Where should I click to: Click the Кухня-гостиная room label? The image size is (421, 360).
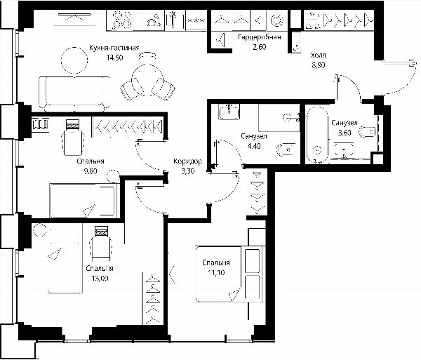[114, 48]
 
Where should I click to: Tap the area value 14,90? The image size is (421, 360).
[114, 58]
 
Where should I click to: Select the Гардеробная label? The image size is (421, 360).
[260, 37]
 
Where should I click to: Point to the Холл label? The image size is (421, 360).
[318, 55]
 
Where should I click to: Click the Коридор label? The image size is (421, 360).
[187, 161]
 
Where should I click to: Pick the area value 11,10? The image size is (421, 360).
[216, 273]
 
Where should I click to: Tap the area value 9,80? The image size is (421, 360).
[91, 171]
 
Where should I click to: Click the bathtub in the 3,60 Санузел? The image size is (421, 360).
[317, 135]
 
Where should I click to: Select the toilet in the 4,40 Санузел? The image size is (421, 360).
[286, 149]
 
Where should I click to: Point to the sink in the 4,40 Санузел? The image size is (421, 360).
[229, 111]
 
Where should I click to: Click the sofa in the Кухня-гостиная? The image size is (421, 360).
[74, 94]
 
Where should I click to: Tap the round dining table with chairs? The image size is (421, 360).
[147, 80]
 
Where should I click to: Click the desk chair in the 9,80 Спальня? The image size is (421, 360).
[73, 137]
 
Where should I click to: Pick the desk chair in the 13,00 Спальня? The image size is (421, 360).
[101, 244]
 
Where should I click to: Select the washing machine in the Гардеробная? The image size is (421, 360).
[276, 20]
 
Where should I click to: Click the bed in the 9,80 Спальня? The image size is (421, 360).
[84, 200]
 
